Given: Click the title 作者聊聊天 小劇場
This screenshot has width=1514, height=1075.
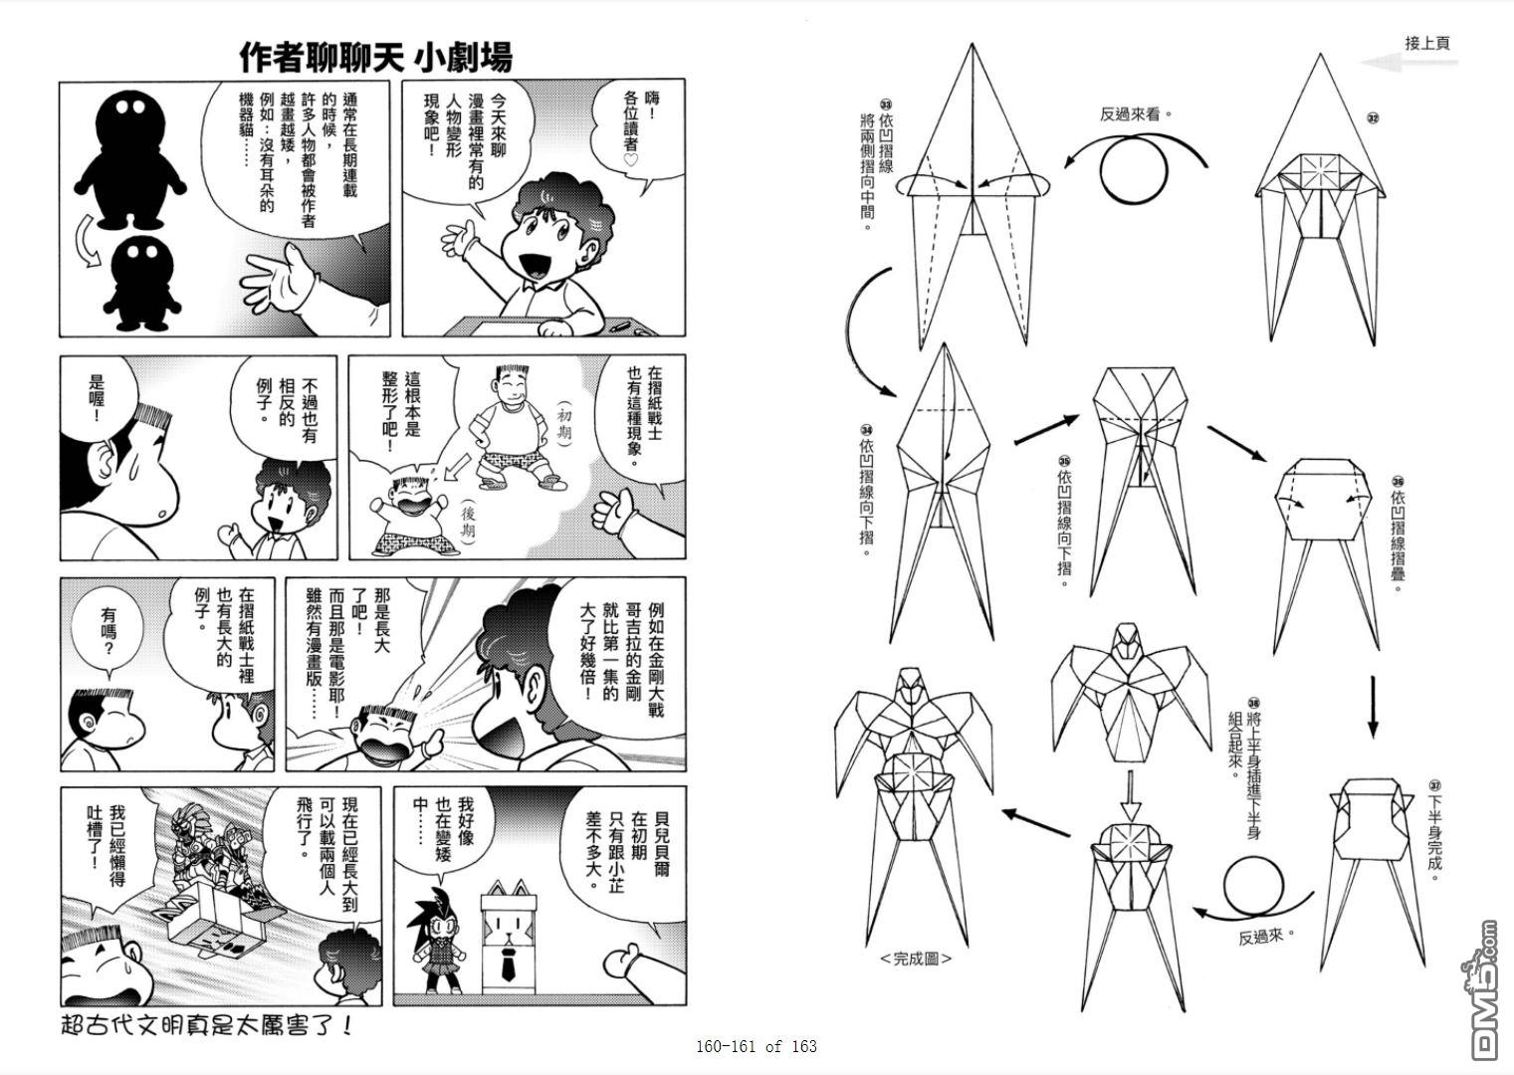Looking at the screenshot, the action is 376,57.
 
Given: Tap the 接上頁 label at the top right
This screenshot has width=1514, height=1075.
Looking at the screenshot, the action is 1426,43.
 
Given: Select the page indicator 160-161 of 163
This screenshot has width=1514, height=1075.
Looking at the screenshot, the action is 757,1046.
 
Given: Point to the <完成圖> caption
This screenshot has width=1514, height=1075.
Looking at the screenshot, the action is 916,959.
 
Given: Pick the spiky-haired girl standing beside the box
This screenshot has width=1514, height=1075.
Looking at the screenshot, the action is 437,941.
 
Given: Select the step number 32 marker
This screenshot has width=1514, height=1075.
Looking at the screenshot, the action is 1373,118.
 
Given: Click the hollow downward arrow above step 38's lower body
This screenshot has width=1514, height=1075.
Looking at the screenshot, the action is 1130,796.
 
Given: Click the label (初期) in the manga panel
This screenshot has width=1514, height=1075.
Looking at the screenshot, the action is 563,423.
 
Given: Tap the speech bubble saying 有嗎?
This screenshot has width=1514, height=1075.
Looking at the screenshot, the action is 108,633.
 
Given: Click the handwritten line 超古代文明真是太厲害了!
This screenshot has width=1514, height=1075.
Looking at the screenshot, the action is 207,1025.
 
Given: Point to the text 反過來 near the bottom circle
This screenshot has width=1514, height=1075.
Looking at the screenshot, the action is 1260,938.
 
